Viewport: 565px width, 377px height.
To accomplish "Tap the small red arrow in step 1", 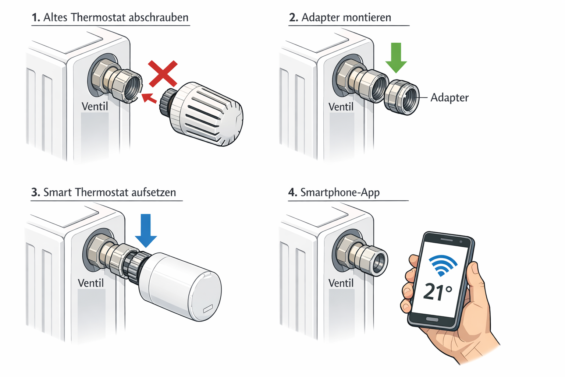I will coord(149,98).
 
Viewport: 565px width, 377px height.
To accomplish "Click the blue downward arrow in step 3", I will coord(146,230).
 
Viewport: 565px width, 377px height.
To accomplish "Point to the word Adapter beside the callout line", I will coord(449,98).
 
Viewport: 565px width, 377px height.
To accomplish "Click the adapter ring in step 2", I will coord(402,98).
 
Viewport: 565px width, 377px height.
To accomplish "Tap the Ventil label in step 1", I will coord(95,106).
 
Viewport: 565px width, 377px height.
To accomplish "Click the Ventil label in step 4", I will coord(341,283).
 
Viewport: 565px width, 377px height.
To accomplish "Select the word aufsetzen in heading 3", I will coord(153,192).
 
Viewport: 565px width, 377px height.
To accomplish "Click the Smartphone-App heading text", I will coord(340,192).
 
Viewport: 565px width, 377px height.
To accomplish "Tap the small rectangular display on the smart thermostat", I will coord(208,309).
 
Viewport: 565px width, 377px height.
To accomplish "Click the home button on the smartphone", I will coord(432,319).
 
